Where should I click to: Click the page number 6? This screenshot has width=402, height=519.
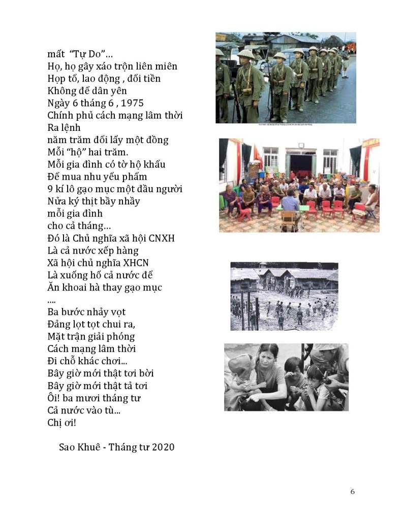pyautogui.click(x=352, y=492)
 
